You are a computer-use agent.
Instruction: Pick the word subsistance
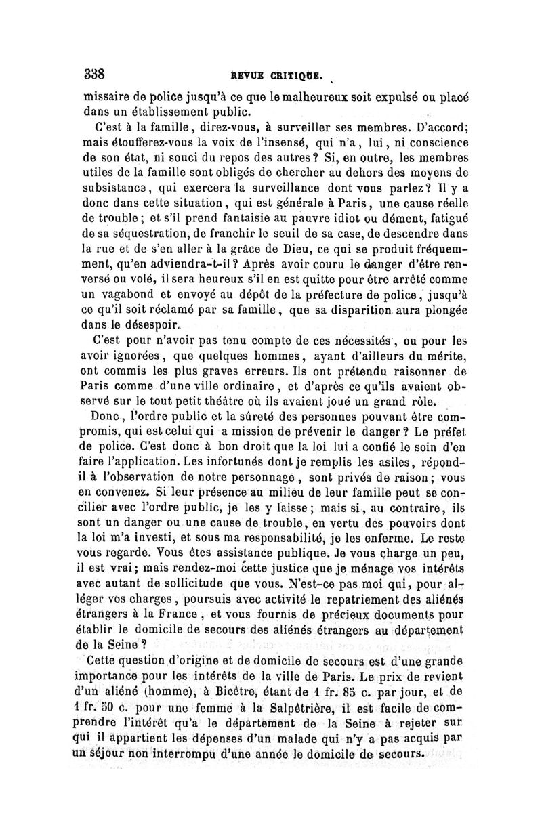point(110,188)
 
